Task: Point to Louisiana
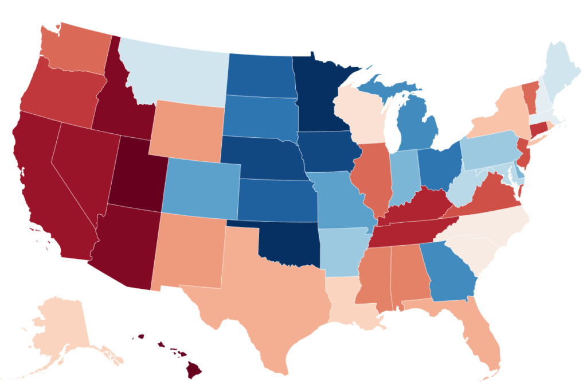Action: click(350, 299)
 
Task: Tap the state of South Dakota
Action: click(258, 118)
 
